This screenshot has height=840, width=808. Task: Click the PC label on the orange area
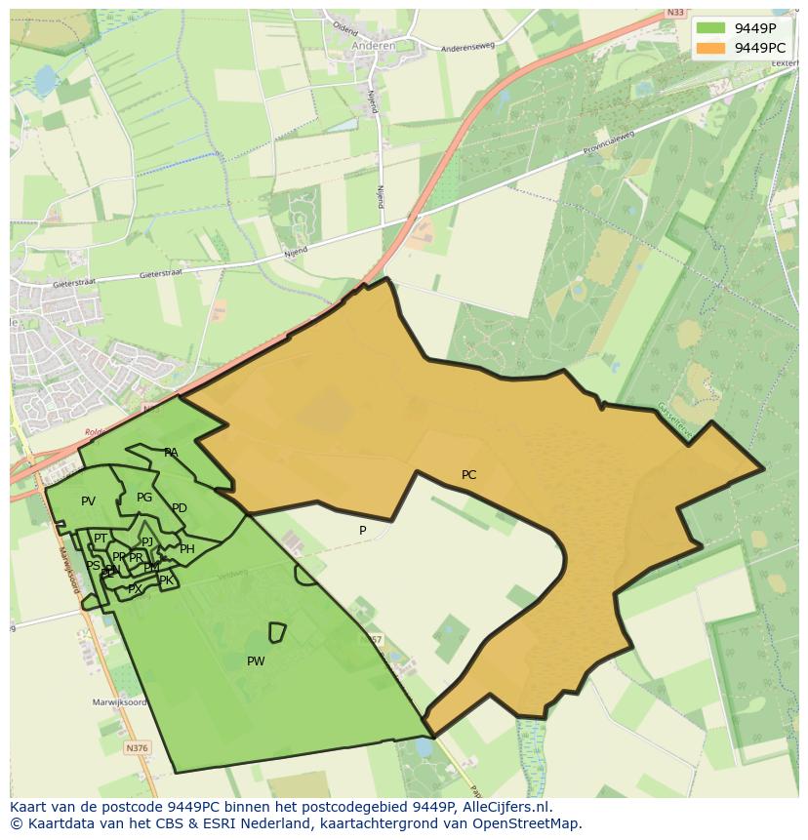[468, 475]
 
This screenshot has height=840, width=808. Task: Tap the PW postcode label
[256, 661]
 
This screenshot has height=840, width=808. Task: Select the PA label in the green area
[171, 453]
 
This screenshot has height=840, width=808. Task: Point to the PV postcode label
[88, 501]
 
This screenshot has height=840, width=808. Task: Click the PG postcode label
[144, 498]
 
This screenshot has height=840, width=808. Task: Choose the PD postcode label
[180, 508]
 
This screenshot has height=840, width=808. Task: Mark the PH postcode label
[187, 549]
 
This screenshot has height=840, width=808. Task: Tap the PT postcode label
[101, 539]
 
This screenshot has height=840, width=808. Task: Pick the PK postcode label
[166, 580]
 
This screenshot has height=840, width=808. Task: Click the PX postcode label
[135, 589]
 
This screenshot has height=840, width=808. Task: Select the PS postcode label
[93, 566]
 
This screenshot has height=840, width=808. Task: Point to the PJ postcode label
[147, 542]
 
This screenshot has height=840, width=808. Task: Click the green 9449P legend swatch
[711, 27]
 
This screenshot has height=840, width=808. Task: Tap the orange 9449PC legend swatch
[711, 47]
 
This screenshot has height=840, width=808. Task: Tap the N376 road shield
[138, 748]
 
